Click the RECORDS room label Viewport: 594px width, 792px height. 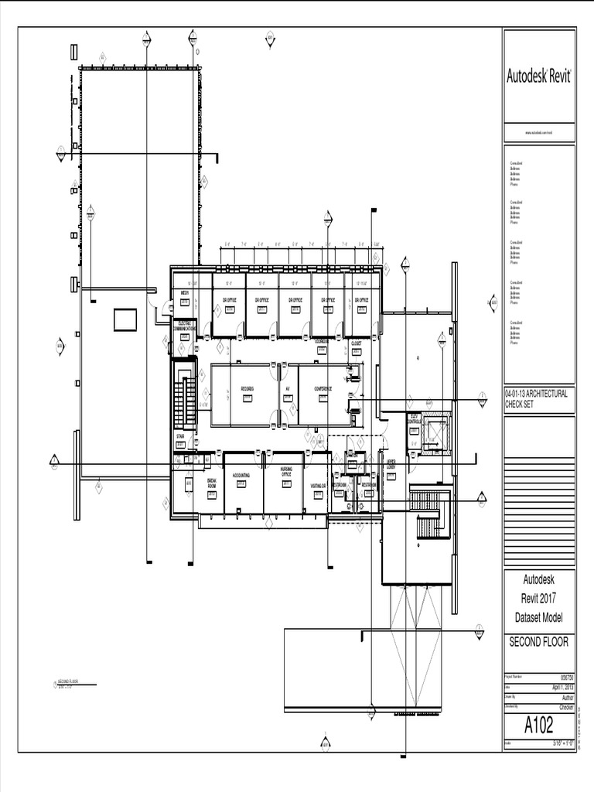247,388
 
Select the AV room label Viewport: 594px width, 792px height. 287,388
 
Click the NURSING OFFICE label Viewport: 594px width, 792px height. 286,473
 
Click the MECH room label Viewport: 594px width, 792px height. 185,293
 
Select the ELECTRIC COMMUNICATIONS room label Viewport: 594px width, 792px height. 185,325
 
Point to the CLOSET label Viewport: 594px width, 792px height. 357,343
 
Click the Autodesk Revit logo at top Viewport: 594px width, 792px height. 538,76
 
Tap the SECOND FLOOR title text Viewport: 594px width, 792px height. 538,641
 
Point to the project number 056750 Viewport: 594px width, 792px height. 565,676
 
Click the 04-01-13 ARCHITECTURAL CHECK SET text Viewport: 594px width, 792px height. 537,398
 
